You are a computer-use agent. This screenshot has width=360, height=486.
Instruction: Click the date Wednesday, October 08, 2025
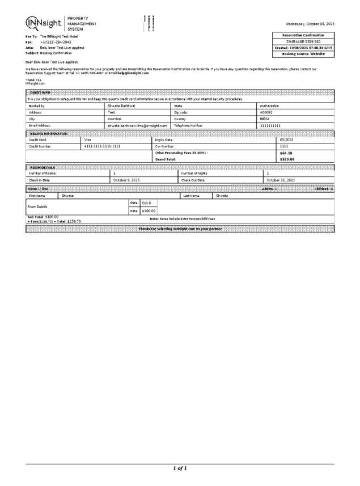point(310,23)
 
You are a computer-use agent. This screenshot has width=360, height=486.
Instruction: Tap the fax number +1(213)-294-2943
point(56,42)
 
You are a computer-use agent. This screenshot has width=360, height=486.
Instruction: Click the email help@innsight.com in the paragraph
point(133,73)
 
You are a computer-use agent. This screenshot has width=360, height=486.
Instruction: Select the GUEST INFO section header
point(39,92)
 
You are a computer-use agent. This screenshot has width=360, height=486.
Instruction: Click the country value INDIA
point(265,119)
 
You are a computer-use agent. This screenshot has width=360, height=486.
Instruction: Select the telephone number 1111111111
point(270,125)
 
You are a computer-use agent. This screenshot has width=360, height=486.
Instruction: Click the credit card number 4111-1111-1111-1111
point(102,146)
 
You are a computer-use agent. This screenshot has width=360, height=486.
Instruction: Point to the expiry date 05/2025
point(287,139)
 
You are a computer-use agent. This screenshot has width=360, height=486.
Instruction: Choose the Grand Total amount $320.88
point(287,159)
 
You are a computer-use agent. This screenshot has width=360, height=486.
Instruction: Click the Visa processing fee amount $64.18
point(286,153)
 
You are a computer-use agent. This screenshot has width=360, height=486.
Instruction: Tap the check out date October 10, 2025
point(281,180)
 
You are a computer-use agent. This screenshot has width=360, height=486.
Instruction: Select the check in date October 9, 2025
point(126,180)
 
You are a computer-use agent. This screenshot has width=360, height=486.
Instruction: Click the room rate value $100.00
point(149,210)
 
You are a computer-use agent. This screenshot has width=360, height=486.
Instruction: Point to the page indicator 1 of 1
point(180,468)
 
